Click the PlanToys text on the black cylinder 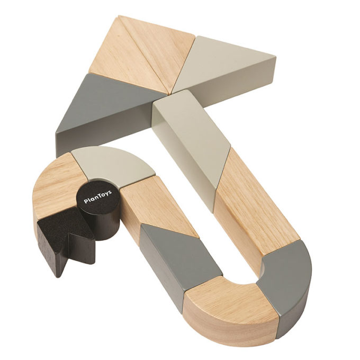98,197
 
